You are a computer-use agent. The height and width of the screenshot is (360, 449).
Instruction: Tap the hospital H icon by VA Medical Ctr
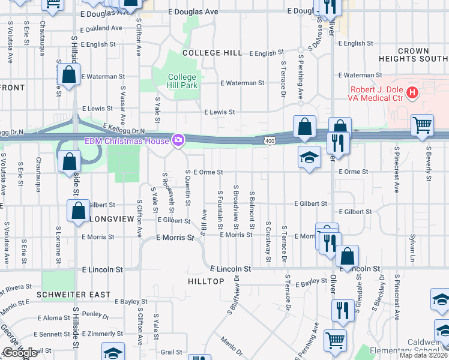(x=412, y=92)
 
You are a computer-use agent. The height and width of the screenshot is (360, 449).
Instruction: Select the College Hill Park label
(x=182, y=81)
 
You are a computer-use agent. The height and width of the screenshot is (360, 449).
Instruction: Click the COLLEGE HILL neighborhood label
(x=212, y=53)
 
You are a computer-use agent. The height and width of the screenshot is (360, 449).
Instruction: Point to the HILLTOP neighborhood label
(x=206, y=281)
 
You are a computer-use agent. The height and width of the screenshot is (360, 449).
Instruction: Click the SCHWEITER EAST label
(x=73, y=295)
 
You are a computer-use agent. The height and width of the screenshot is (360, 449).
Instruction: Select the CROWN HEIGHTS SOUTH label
(x=413, y=55)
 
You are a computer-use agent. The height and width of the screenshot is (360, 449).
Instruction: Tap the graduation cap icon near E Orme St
(x=309, y=157)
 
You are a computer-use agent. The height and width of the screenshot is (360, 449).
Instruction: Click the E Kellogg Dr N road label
(x=125, y=128)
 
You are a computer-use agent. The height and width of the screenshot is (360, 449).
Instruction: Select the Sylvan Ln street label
(x=412, y=244)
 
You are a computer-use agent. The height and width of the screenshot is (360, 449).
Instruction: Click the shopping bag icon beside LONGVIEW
(x=78, y=211)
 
